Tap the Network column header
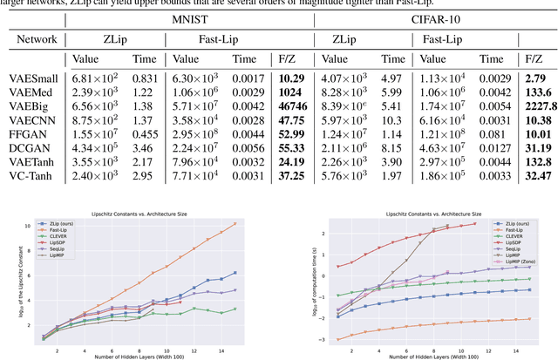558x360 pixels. tap(34, 39)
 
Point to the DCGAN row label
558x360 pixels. tap(31, 148)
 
